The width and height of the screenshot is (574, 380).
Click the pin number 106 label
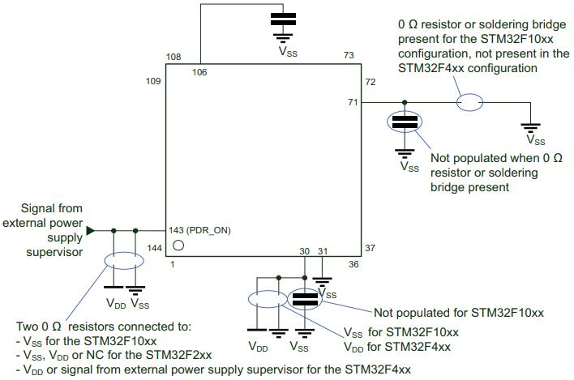pos(199,72)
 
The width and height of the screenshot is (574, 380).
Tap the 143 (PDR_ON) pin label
pos(200,230)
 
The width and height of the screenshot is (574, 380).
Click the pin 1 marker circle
pos(178,244)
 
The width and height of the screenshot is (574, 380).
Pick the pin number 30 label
pos(305,252)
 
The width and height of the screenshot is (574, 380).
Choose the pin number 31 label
pos(323,252)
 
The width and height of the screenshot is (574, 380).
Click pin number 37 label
pos(371,248)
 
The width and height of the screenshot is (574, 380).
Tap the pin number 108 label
pos(172,57)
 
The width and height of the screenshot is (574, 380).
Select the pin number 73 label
pos(349,56)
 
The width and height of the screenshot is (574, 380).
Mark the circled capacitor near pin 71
pos(404,123)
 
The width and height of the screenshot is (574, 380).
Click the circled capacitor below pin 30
pos(305,300)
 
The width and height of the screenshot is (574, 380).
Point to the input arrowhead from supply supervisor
pos(91,230)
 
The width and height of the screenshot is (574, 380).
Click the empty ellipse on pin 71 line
pos(471,103)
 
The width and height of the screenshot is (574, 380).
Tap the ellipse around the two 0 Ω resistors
pos(122,262)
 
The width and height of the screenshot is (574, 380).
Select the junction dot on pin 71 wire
pos(404,103)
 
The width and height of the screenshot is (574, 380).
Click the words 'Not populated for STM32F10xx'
pos(457,313)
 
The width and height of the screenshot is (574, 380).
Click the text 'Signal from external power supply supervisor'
pos(45,230)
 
